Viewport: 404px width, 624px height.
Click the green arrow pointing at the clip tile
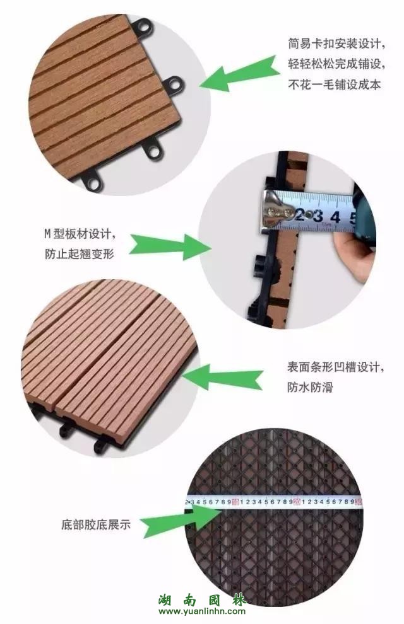(239, 74)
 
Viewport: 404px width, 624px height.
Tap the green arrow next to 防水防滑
(223, 377)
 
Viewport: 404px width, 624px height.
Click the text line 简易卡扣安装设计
(336, 43)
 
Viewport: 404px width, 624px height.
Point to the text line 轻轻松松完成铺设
(336, 64)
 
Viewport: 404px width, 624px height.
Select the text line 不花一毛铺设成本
(335, 84)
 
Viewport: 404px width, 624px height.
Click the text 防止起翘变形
(80, 254)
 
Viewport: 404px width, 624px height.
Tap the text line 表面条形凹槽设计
(335, 366)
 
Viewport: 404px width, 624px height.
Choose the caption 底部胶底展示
(96, 524)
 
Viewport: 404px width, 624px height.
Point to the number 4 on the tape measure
(335, 217)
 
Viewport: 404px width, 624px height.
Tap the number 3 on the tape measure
(318, 216)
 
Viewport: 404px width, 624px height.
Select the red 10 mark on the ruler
(235, 502)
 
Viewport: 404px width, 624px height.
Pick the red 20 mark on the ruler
(297, 502)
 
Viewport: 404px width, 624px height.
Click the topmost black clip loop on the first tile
(143, 28)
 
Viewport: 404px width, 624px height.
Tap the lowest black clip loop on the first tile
(92, 182)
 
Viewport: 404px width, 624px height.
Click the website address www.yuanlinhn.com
(201, 611)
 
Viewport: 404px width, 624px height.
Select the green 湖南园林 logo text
(202, 599)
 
